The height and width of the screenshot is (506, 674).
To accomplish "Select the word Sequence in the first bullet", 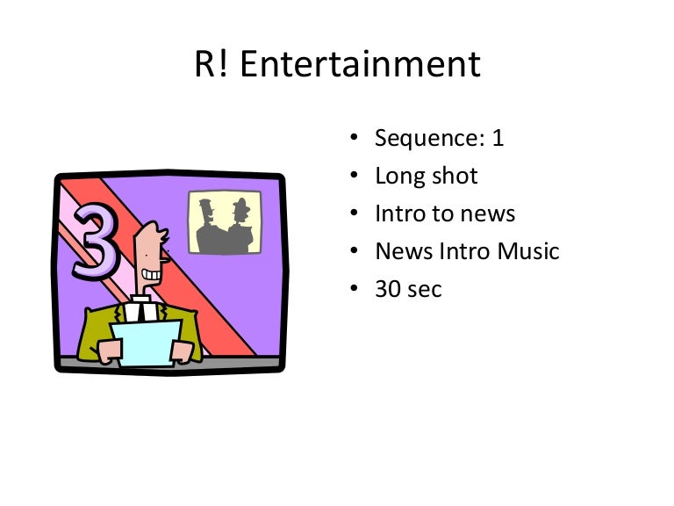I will [x=425, y=139].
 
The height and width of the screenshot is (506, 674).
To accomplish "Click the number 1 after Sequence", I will [x=498, y=138].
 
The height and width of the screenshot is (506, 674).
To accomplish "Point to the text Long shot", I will [x=426, y=176].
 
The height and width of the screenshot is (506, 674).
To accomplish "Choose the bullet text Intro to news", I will [x=445, y=213].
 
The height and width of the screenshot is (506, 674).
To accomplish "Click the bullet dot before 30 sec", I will [x=354, y=288].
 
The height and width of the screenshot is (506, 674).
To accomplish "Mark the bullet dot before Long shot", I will [x=354, y=176].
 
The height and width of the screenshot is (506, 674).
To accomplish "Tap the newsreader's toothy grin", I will [x=154, y=274].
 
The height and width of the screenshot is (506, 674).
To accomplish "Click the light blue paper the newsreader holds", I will [x=146, y=343].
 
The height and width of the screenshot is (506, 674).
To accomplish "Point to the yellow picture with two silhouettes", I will [x=225, y=222].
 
